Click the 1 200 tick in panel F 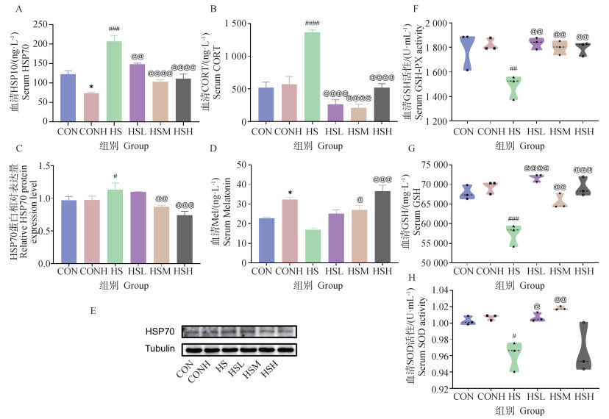(x=432, y=121)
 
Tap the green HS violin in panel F (x=513, y=89)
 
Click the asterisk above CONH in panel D (x=291, y=193)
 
